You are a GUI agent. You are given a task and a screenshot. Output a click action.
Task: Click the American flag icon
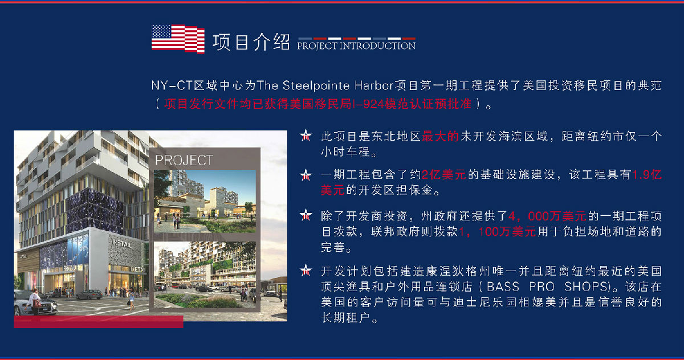(178, 39)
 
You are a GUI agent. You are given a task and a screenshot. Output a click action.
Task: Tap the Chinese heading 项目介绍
(251, 42)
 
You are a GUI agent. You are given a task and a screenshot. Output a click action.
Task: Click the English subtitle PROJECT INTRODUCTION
(356, 46)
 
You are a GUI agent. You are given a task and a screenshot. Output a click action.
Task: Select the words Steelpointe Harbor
(337, 85)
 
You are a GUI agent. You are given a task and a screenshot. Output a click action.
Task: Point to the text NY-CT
(172, 85)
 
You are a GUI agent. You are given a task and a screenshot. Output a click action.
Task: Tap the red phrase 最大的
(440, 136)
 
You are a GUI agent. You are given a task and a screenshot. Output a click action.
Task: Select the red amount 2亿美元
(443, 174)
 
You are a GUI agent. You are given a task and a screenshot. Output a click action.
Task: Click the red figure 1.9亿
(647, 174)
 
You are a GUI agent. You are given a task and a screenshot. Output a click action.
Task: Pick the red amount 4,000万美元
(547, 216)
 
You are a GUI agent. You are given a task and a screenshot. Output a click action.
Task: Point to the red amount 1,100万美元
(497, 232)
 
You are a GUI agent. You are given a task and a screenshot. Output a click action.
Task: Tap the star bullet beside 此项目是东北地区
(306, 136)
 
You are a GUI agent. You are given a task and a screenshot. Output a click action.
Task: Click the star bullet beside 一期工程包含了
(306, 175)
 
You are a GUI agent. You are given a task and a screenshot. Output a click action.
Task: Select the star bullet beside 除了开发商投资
(306, 215)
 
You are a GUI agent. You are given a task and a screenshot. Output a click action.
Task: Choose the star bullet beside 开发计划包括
(306, 271)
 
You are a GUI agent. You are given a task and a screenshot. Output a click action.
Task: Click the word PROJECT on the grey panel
(184, 160)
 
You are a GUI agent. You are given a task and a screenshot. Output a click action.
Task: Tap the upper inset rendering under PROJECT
(205, 201)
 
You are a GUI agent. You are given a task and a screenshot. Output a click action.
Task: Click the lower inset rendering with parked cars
(205, 275)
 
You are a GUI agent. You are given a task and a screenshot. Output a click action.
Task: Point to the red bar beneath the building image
(98, 322)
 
